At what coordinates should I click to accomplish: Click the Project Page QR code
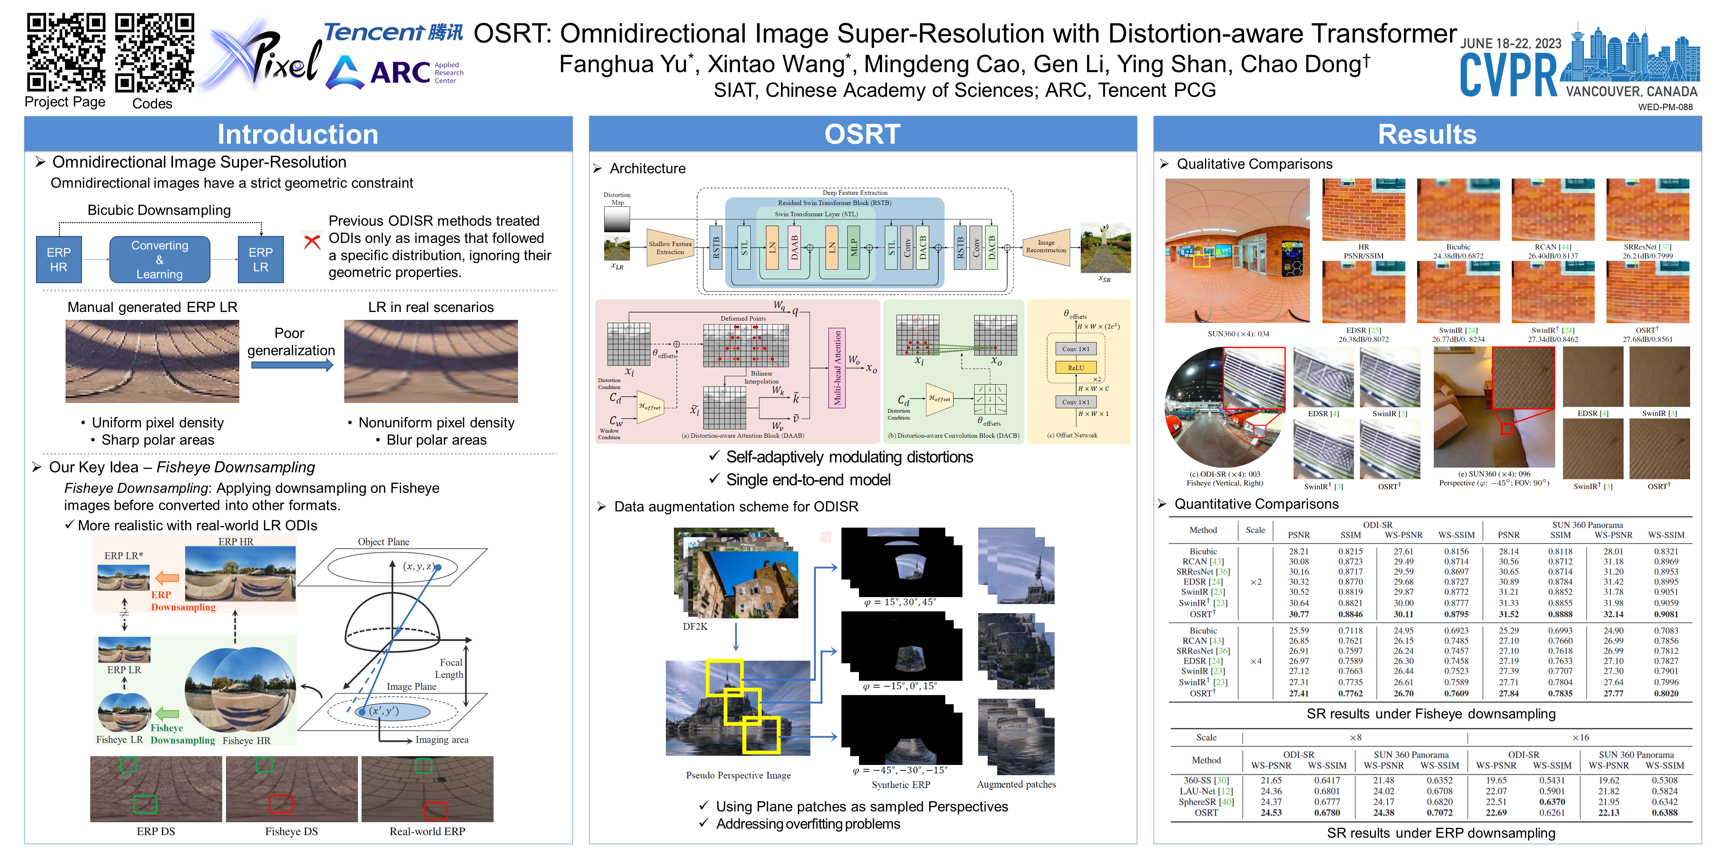[66, 52]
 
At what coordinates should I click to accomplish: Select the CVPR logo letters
[1509, 75]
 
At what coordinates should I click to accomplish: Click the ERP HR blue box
[58, 259]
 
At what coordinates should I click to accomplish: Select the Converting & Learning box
[160, 259]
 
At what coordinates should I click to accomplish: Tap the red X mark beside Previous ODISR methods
[312, 241]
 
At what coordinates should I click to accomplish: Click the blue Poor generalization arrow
[291, 365]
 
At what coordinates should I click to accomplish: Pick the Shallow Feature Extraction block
[669, 248]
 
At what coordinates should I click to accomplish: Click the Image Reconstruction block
[1045, 246]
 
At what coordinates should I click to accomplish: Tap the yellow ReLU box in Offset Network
[1075, 368]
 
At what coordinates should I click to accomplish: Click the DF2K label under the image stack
[695, 627]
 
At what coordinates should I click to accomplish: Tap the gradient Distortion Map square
[617, 219]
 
